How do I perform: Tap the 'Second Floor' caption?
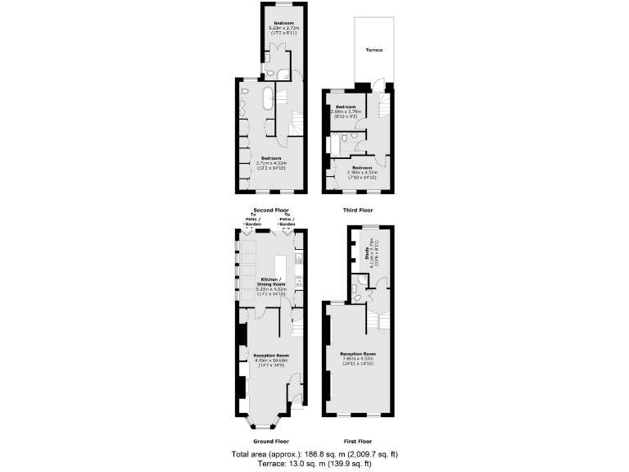[x=272, y=210]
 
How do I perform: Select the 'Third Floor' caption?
[x=359, y=210]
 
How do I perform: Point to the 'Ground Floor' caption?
[x=271, y=441]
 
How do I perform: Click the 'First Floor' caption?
[x=359, y=441]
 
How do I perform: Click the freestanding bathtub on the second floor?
[x=268, y=100]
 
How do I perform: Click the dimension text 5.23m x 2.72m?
[x=283, y=28]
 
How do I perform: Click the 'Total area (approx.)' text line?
[x=315, y=453]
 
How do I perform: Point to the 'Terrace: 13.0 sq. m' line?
[x=315, y=463]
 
